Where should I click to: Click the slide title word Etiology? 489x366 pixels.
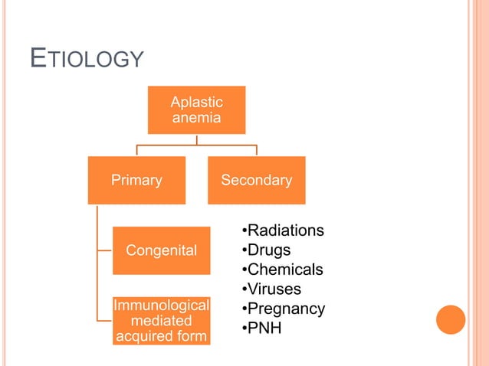[87, 59]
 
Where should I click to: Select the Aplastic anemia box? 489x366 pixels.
[196, 109]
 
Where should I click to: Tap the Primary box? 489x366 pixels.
[136, 181]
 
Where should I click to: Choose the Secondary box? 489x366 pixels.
[256, 181]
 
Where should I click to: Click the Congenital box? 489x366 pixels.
[161, 250]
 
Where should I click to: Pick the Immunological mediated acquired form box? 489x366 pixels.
[161, 321]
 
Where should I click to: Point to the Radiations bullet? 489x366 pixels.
[283, 231]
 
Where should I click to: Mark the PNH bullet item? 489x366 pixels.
[263, 328]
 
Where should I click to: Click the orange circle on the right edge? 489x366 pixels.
[451, 319]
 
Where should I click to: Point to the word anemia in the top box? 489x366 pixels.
[196, 118]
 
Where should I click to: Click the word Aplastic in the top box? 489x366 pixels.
[196, 102]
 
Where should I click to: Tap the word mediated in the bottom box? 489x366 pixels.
[161, 321]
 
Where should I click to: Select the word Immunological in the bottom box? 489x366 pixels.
[161, 306]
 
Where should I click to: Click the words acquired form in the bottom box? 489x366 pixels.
[161, 336]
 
